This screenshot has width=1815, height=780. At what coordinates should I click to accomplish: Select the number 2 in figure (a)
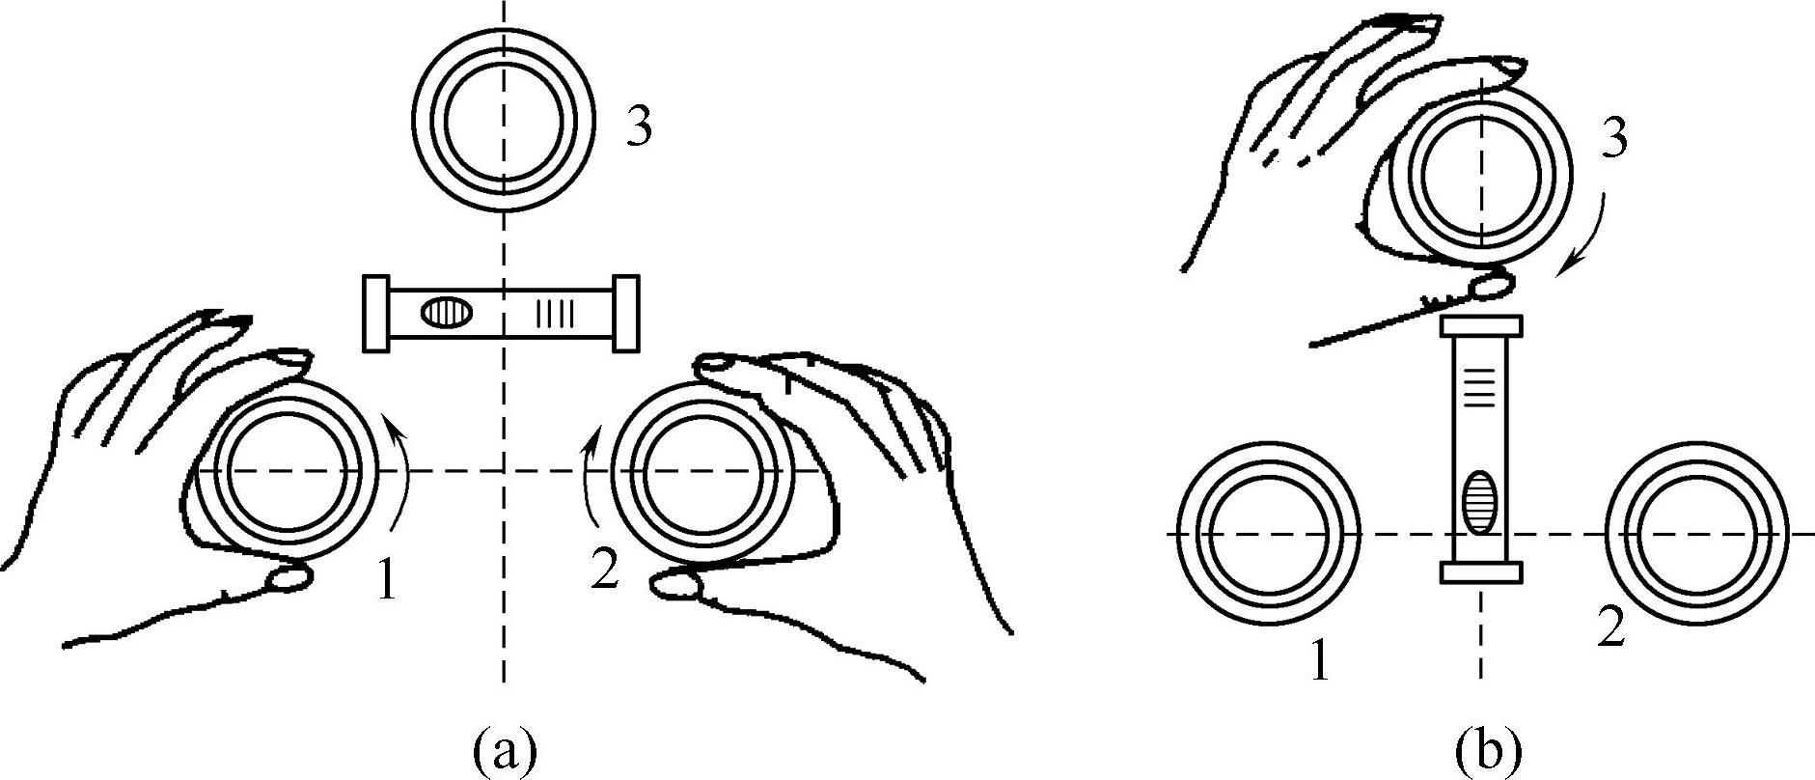click(603, 571)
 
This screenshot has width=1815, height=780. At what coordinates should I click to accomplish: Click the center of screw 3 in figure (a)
click(503, 121)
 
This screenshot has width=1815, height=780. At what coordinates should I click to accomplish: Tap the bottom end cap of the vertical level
click(1480, 572)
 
